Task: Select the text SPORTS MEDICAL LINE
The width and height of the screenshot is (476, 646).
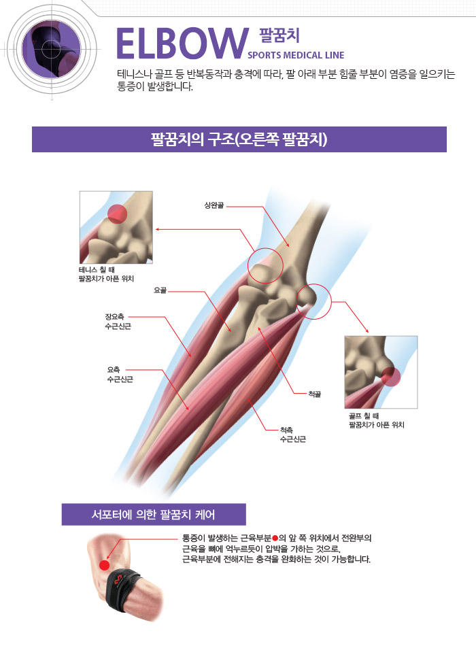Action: point(296,55)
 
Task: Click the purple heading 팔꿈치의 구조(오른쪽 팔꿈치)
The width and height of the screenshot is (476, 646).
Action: point(239,139)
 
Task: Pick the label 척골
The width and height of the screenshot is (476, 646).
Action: point(313,394)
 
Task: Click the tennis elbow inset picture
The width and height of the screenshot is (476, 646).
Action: point(116,227)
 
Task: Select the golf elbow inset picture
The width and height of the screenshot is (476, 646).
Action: point(381,371)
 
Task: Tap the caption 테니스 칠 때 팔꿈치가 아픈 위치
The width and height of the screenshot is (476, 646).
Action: point(106,274)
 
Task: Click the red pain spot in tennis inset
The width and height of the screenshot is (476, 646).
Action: point(116,214)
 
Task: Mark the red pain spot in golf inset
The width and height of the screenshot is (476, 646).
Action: point(390,375)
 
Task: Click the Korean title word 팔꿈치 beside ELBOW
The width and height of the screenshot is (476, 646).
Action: point(279,35)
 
